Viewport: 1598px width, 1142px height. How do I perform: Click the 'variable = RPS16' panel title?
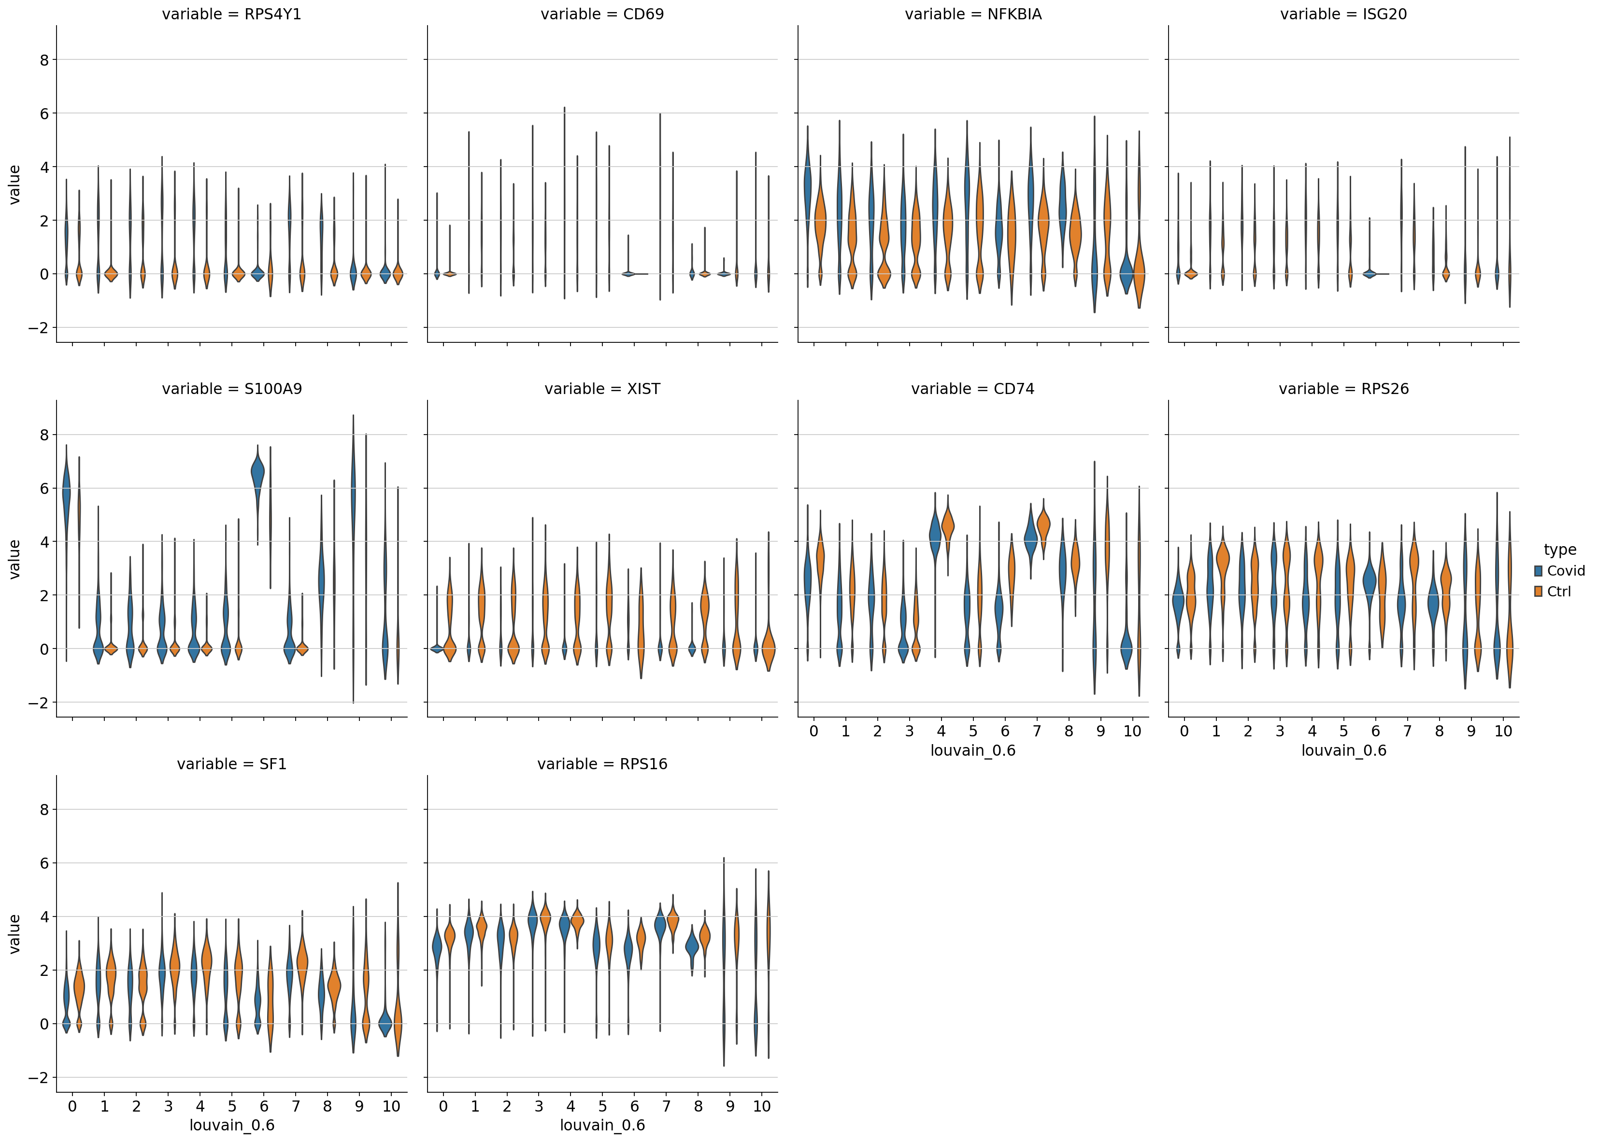coord(602,764)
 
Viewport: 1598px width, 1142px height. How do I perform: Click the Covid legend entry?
coord(1566,571)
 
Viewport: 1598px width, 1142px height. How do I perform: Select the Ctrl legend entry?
coord(1558,592)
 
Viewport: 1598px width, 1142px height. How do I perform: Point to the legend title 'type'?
coord(1560,550)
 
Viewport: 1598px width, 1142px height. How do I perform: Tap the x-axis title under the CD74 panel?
coord(973,751)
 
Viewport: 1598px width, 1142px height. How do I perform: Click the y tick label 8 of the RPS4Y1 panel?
coord(44,60)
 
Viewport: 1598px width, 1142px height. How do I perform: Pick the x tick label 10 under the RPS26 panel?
coord(1503,732)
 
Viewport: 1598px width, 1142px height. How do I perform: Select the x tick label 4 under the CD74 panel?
coord(941,732)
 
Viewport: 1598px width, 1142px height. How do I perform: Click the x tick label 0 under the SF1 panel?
coord(72,1107)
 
